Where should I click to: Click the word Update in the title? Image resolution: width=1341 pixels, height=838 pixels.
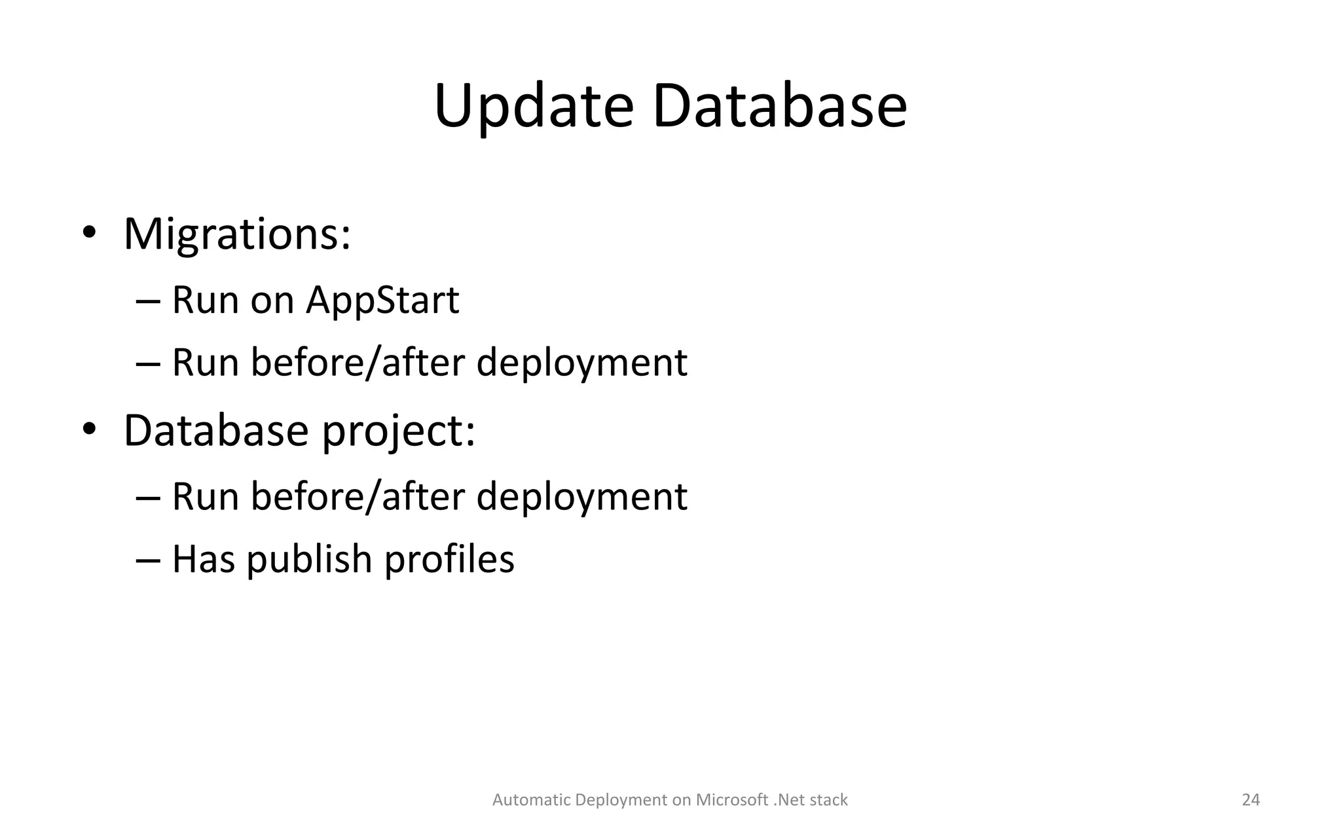[534, 107]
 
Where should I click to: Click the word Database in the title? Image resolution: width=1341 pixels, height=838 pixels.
[779, 107]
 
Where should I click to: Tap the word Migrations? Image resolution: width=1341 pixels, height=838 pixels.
[236, 234]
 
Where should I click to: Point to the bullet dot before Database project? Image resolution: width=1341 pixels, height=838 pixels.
[89, 429]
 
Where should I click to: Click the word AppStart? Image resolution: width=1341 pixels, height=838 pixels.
[382, 301]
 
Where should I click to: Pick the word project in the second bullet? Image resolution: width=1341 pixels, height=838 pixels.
[398, 432]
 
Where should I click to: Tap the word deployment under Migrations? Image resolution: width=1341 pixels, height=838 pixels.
[581, 363]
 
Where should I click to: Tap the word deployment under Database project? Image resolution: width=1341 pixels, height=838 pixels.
[581, 497]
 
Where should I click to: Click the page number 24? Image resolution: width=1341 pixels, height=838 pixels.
[1251, 800]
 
